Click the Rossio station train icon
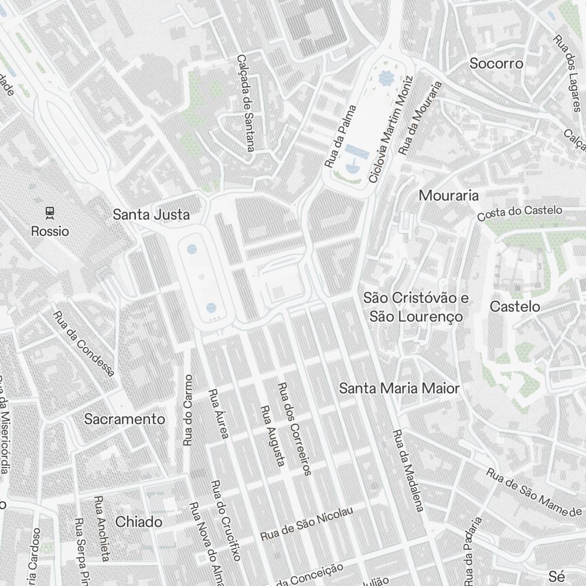coord(50,212)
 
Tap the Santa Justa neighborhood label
coord(151,215)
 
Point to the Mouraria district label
coord(448,196)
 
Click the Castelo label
coord(515,306)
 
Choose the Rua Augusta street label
coord(272,436)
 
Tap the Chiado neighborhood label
coord(139,522)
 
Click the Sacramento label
coord(125,420)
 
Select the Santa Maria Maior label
coord(400,388)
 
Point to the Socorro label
coord(496,64)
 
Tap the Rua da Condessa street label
coord(83,343)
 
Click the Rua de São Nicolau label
coord(307,526)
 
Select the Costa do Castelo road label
coord(519,213)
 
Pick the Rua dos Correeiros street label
coord(295,428)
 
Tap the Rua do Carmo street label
coord(188,410)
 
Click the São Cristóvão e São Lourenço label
coord(416,308)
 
